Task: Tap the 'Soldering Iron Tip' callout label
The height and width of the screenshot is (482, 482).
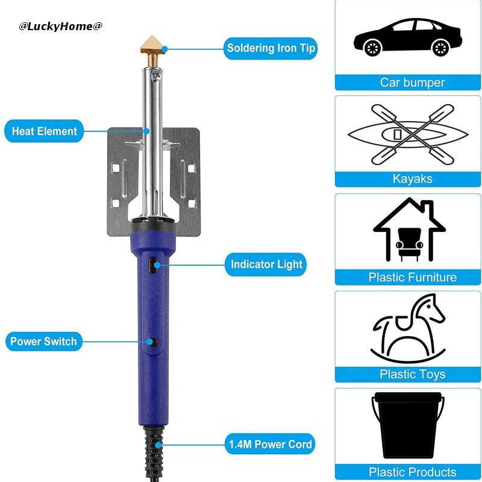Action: click(271, 48)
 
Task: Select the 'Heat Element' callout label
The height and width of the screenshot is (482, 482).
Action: click(45, 131)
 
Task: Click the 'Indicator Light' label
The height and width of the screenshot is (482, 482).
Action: click(266, 264)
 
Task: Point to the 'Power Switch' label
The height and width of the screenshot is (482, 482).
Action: click(43, 342)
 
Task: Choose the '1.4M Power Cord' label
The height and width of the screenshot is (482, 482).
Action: click(270, 445)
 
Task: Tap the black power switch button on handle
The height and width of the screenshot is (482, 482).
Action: click(153, 342)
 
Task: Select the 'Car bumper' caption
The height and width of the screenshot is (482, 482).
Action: click(412, 83)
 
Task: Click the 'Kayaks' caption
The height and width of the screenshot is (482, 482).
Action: click(412, 179)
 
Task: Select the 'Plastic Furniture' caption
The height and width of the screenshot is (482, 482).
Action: click(412, 277)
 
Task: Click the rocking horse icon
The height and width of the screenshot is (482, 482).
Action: click(408, 328)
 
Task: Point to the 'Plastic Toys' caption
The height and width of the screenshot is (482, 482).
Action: click(412, 374)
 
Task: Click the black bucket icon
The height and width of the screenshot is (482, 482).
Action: click(408, 425)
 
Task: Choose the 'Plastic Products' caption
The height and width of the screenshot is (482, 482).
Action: click(412, 472)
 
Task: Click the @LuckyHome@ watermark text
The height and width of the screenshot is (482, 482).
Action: click(60, 26)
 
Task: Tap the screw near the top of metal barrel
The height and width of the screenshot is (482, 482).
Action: click(157, 75)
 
